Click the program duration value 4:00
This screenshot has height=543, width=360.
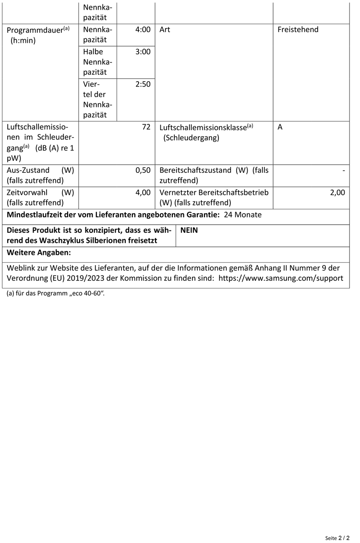coord(143,30)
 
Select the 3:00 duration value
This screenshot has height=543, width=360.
coord(143,52)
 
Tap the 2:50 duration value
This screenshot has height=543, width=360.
coord(143,84)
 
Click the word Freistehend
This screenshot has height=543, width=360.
coord(298,30)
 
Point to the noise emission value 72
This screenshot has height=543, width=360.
coord(146,127)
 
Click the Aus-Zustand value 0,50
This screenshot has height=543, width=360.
coord(143,170)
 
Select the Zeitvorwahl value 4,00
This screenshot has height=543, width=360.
coord(143,193)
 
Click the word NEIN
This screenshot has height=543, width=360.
coord(189,230)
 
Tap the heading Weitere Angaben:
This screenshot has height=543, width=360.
coord(39,253)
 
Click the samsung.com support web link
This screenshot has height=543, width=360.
coord(281,278)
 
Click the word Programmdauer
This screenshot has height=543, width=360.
coord(35,30)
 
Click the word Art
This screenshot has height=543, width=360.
coord(164,30)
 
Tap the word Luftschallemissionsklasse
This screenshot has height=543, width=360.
coord(203,128)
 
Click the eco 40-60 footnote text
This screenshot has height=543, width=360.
coord(55,293)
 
